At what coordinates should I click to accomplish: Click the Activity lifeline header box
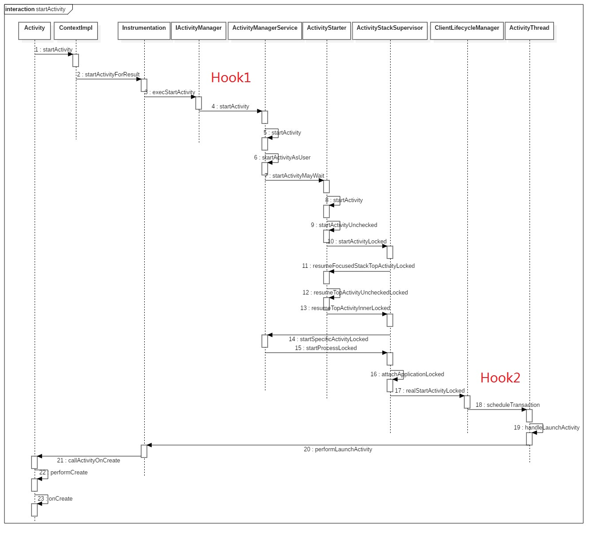coord(35,31)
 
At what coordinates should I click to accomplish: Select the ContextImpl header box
coord(76,31)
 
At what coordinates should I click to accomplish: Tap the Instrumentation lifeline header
coord(144,31)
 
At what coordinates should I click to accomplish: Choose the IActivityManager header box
coord(198,31)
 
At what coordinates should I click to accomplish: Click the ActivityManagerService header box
coord(265,31)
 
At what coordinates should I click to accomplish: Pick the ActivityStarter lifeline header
coord(327,31)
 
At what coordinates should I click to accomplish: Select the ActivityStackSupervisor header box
coord(390,31)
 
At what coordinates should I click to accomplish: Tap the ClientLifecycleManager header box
coord(467,31)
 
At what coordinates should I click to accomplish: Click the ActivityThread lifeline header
coord(529,31)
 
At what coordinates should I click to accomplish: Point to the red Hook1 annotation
coord(231,78)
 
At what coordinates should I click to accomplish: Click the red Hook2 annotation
coord(500,378)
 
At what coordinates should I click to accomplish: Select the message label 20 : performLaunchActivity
coord(338,450)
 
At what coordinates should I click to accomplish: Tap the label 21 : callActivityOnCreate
coord(88,461)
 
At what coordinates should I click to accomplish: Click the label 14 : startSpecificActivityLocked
coord(328,339)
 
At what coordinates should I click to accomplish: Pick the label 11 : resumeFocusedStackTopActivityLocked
coord(358,266)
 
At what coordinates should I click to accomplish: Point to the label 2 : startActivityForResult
coord(108,75)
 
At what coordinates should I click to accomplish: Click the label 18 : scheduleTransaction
coord(507,405)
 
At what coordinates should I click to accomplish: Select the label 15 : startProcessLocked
coord(326,348)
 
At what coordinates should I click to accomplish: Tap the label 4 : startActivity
coord(230,107)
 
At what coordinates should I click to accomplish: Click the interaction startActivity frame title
coord(36,9)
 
